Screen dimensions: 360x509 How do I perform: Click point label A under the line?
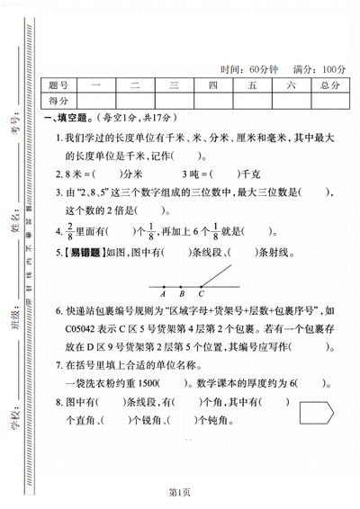(x=162, y=292)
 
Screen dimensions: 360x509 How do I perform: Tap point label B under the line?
(x=181, y=292)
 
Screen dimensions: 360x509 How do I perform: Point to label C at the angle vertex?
(x=201, y=292)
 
